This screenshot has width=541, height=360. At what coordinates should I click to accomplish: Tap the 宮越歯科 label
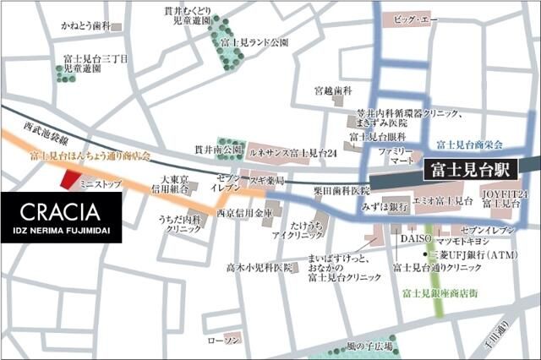(332, 90)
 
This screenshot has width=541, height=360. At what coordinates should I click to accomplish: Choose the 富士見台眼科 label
(376, 136)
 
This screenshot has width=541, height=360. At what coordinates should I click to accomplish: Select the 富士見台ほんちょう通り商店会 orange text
(89, 155)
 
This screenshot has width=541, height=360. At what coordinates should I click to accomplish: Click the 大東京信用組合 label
(178, 184)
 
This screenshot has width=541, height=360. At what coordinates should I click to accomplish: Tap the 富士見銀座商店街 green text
(440, 292)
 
